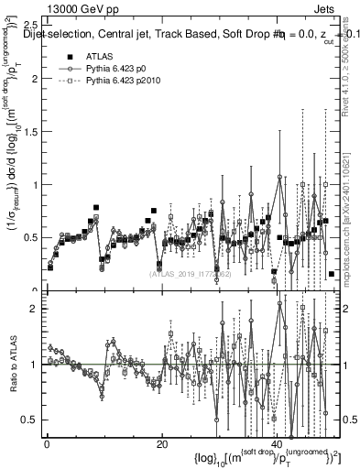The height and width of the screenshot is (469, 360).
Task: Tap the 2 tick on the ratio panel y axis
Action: (35, 309)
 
